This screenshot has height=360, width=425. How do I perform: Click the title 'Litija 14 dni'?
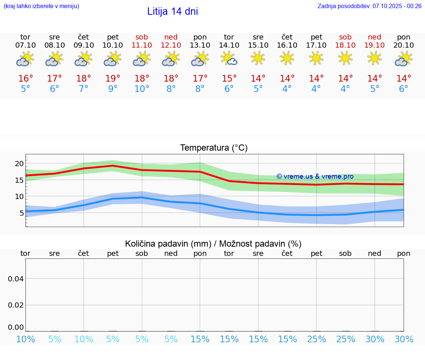point(172,11)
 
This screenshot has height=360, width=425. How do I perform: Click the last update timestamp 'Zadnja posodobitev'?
point(369,6)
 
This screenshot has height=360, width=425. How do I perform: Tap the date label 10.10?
point(113,45)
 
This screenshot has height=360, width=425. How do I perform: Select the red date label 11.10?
point(142,45)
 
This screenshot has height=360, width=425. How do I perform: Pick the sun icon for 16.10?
point(287,58)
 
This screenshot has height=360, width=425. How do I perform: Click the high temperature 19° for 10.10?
point(113,78)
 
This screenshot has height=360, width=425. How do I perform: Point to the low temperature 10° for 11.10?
point(142,89)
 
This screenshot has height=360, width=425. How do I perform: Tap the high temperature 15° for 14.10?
point(229,78)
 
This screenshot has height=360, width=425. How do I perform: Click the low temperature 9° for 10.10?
point(113,89)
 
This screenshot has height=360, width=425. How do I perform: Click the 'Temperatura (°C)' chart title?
point(214,148)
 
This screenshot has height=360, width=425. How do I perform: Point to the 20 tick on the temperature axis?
point(19,164)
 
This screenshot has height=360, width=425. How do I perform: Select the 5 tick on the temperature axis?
point(21,213)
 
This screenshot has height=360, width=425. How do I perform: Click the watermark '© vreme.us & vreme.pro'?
point(315,176)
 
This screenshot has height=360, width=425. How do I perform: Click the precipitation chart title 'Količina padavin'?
point(213,244)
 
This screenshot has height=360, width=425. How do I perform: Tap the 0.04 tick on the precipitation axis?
point(16,279)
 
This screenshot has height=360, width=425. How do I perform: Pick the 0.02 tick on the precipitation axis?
point(16,305)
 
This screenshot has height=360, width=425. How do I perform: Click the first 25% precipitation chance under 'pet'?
point(317,339)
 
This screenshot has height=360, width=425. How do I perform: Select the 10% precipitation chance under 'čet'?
point(84,339)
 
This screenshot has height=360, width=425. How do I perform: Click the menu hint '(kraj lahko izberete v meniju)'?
point(41,6)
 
